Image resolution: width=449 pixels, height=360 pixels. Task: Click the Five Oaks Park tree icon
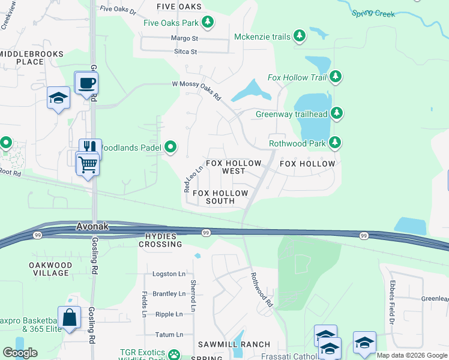(x=208, y=22)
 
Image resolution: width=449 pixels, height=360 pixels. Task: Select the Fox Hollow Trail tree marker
(x=336, y=77)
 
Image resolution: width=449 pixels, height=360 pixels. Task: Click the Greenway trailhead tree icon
(x=337, y=113)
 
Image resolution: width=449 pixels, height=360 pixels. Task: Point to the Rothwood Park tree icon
(x=336, y=143)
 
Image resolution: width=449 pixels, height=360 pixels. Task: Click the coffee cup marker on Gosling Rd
(x=86, y=83)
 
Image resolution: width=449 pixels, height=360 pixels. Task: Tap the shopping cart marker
(x=88, y=163)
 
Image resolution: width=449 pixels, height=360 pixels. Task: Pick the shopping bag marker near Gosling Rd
(x=70, y=317)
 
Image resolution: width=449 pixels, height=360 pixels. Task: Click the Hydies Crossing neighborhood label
(x=160, y=240)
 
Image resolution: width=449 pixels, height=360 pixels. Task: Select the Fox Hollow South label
(x=220, y=197)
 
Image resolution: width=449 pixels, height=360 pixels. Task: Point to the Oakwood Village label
(x=50, y=269)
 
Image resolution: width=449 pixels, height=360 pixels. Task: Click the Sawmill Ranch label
(x=234, y=344)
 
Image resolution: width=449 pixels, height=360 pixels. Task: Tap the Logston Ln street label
(x=169, y=274)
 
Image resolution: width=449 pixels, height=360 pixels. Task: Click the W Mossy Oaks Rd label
(x=197, y=91)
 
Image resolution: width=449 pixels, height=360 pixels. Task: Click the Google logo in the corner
(x=20, y=353)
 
